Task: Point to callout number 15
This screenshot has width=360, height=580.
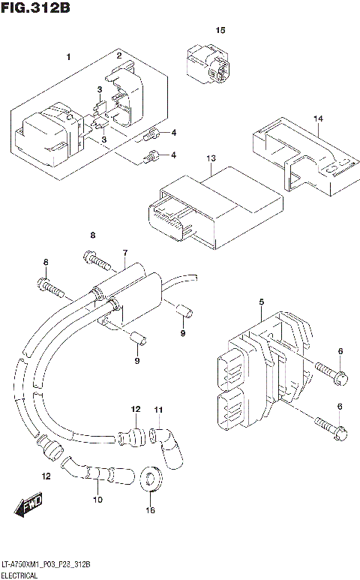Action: click(220, 30)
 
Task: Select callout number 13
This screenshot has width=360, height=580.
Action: click(211, 158)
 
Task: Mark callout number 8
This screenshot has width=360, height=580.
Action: click(93, 236)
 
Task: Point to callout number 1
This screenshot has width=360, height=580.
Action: click(68, 57)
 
